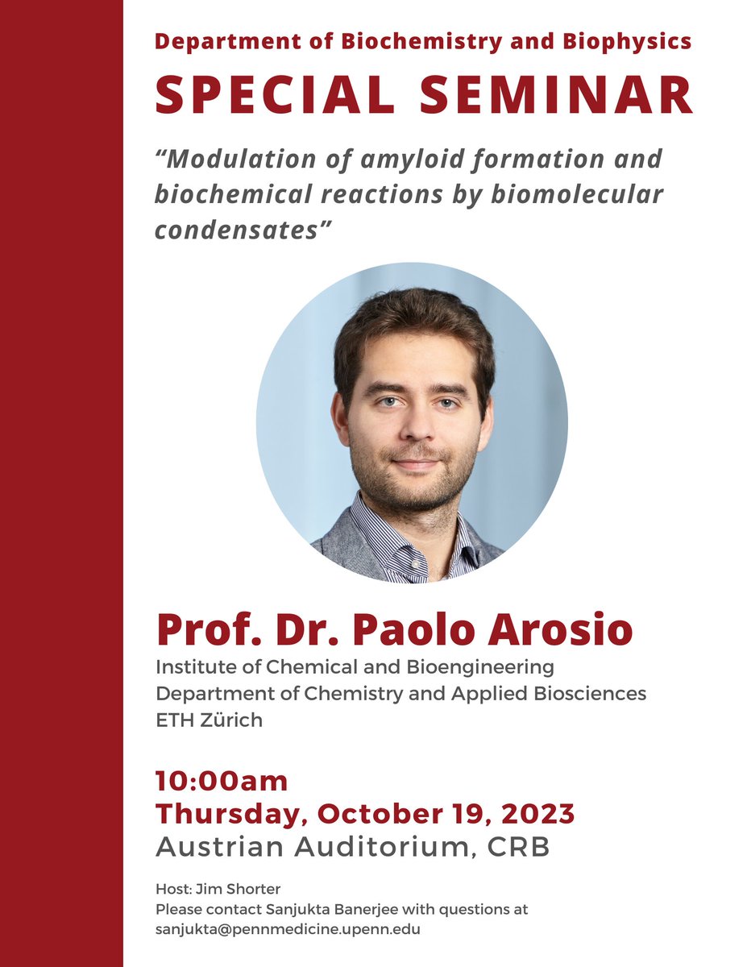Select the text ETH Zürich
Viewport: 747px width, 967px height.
click(x=210, y=720)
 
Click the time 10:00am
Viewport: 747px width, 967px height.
click(x=222, y=781)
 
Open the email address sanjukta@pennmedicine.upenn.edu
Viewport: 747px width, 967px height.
click(x=288, y=928)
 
